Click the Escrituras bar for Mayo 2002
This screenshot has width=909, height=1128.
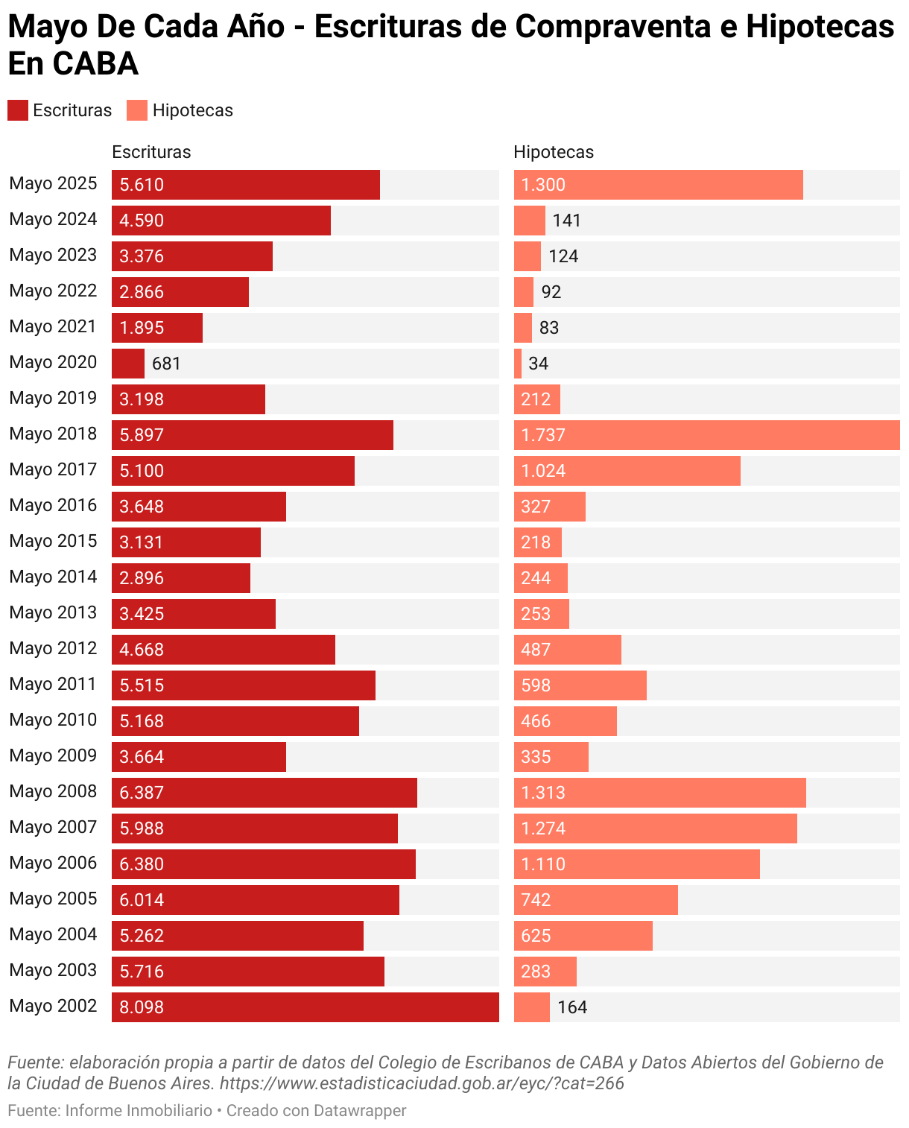pos(305,1007)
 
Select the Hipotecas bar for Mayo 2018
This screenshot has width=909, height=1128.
pos(706,435)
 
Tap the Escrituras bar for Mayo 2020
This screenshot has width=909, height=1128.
pos(128,364)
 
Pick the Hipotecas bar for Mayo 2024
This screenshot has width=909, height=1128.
pos(530,221)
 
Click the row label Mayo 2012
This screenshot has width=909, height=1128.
pos(53,648)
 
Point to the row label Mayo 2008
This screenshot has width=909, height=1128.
pos(53,791)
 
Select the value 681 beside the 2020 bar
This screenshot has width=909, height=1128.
pos(166,364)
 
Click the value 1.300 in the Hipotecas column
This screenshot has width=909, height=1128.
pos(543,185)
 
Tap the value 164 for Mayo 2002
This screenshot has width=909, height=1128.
pos(572,1007)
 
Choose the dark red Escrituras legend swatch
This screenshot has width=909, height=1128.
pos(18,110)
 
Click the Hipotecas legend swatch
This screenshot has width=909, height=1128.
pos(137,110)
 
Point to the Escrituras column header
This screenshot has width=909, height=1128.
pos(151,152)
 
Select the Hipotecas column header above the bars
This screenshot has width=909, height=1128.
pos(554,152)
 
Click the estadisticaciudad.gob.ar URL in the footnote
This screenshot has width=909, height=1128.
pos(422,1083)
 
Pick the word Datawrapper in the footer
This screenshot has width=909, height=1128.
pos(360,1110)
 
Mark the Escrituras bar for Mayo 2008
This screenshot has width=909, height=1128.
pos(265,793)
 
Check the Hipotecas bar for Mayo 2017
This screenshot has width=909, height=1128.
pos(627,471)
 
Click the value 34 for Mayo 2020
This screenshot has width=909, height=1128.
pos(538,364)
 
